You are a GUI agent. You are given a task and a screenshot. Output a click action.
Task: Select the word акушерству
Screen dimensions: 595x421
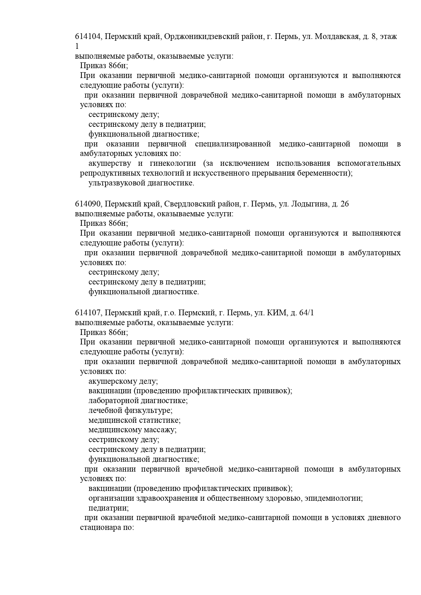pyautogui.click(x=110, y=164)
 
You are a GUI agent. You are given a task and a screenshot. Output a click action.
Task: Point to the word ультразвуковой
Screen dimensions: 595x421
pyautogui.click(x=116, y=183)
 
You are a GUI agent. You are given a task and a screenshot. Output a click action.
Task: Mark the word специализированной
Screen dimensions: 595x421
pyautogui.click(x=233, y=144)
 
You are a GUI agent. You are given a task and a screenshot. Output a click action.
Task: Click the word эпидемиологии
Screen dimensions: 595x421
pyautogui.click(x=334, y=498)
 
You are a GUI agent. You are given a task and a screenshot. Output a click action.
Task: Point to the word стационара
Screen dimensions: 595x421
pyautogui.click(x=99, y=528)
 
